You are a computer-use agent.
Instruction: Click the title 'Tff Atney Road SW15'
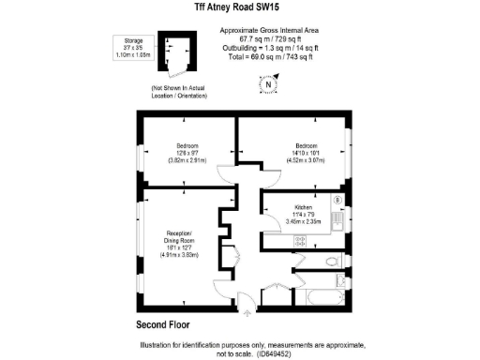[x=239, y=7]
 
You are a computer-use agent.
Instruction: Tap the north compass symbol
[x=268, y=84]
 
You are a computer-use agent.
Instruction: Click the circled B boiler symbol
[x=337, y=200]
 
